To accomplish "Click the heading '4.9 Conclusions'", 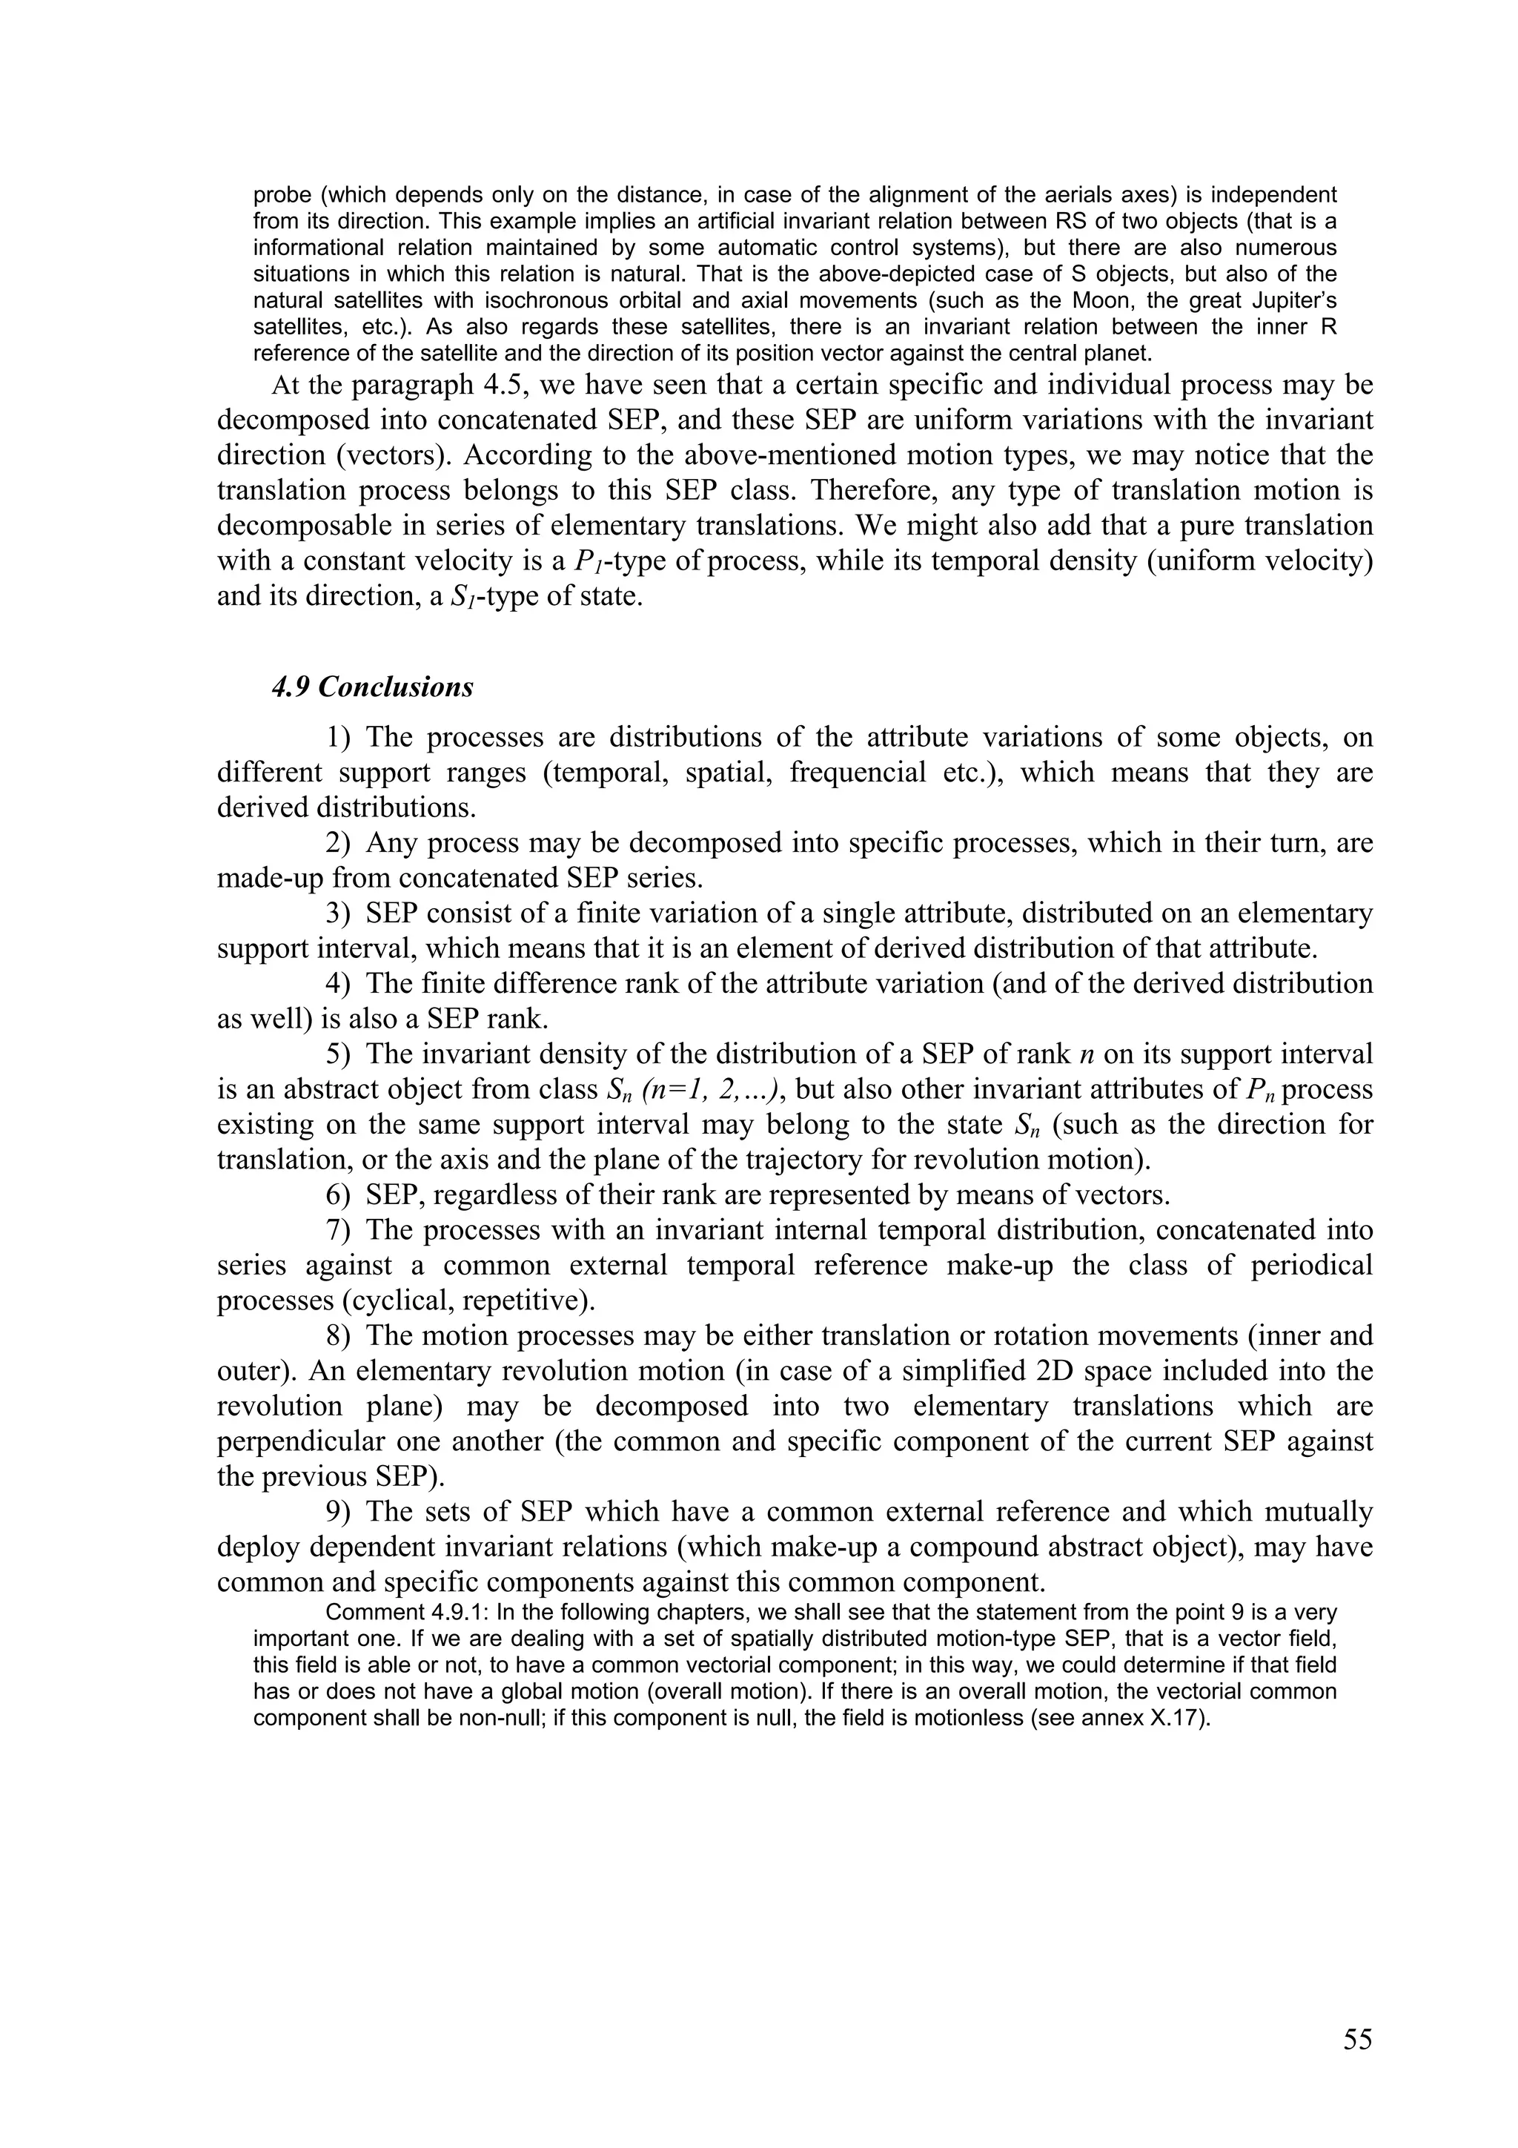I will (372, 687).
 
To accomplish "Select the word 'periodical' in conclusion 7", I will (1311, 1266).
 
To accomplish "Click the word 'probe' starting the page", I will (279, 196).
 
